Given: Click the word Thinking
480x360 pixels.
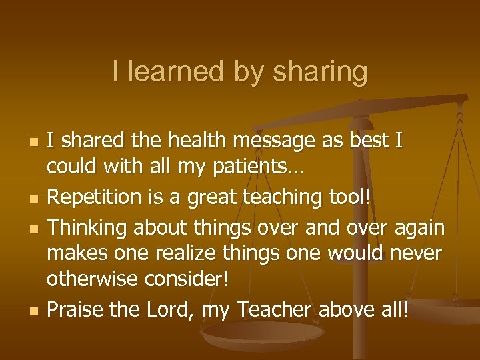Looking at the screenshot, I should point(90,228).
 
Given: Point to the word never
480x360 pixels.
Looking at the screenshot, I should point(418,254).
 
